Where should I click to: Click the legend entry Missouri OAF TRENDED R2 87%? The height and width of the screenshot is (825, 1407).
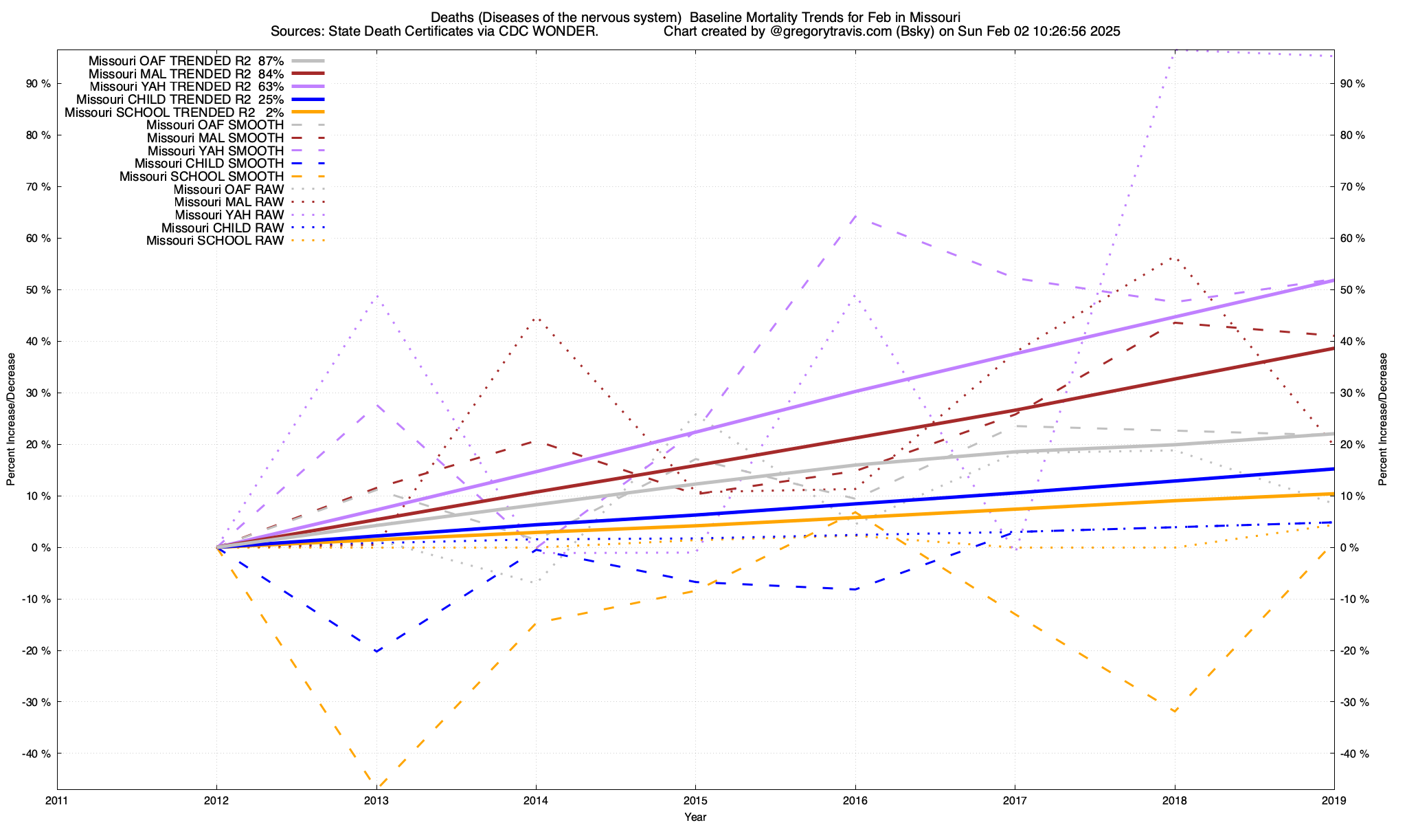point(186,60)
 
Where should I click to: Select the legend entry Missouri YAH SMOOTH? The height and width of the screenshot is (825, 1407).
point(216,151)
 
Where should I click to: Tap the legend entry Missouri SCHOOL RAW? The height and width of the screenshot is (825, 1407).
point(215,241)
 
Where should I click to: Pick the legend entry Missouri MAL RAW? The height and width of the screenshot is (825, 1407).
point(229,202)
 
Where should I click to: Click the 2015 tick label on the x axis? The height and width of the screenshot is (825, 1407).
point(695,800)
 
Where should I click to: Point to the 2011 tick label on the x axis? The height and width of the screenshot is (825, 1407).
point(57,800)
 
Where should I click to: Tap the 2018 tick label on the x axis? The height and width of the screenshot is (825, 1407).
point(1174,800)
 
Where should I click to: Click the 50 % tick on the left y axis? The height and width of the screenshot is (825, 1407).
point(38,290)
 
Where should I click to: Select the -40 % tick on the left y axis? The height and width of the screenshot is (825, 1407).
point(36,753)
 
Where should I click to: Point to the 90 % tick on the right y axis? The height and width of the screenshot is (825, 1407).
point(1353,84)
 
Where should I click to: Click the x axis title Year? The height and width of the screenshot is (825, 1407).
point(695,817)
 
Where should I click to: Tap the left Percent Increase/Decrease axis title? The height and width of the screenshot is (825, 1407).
point(11,419)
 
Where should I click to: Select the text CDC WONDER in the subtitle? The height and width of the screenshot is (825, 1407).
point(560,32)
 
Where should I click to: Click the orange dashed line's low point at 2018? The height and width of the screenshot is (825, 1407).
point(1174,711)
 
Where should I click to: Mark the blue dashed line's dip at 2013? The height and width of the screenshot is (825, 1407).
point(376,650)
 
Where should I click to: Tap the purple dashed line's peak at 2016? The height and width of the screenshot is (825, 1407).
point(855,216)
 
